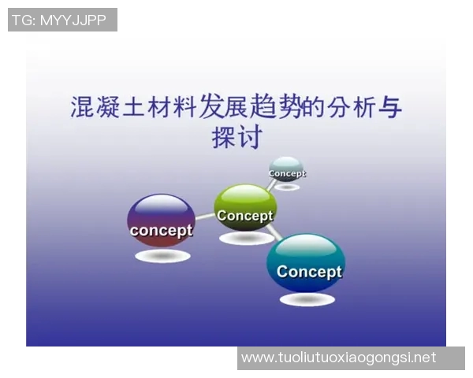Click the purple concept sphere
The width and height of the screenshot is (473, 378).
[x=161, y=220]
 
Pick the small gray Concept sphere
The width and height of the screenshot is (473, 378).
[x=285, y=169]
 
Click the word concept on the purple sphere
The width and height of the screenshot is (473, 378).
[x=161, y=231]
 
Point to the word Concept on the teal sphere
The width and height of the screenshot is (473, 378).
[x=309, y=272]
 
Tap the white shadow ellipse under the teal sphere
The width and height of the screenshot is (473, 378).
[x=307, y=299]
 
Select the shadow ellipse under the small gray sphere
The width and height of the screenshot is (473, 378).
[x=286, y=187]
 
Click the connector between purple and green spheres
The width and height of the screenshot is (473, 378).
[x=204, y=216]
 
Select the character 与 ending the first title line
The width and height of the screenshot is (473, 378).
[x=388, y=106]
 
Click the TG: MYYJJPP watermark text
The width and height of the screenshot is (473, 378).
[x=62, y=20]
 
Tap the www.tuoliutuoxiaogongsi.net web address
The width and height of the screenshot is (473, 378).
[x=339, y=358]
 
